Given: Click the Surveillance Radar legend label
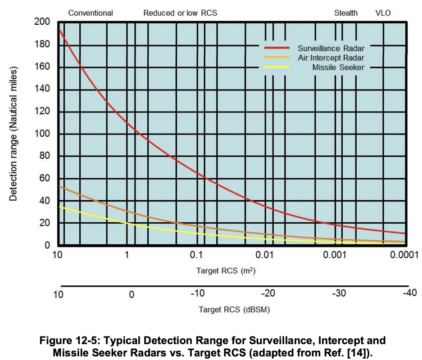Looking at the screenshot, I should point(331,48).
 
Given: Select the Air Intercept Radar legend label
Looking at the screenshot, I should point(331,58).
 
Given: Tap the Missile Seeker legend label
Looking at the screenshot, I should point(338,67).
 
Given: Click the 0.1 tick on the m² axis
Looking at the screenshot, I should point(197,256).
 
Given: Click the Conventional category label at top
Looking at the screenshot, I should point(91,13).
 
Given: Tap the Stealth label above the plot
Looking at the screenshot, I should point(346,13).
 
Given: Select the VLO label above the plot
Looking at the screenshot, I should point(383,13).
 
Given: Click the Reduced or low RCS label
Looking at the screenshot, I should point(180,13).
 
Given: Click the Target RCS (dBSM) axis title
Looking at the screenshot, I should point(234,310).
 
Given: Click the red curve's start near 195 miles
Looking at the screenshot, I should point(60,29).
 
